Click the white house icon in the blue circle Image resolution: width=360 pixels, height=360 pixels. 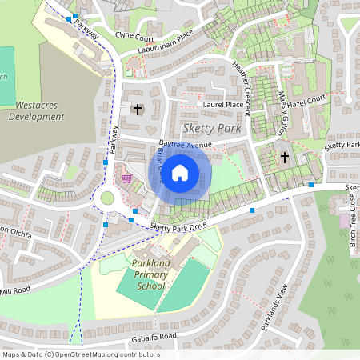180,172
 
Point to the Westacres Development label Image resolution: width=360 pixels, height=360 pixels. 36,110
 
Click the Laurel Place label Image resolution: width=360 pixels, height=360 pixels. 223,104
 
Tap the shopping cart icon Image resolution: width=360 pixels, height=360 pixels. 126,177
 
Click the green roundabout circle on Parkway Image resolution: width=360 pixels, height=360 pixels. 108,198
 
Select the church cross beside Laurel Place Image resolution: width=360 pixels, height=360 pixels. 137,108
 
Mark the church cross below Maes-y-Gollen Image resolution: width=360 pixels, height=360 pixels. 285,157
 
